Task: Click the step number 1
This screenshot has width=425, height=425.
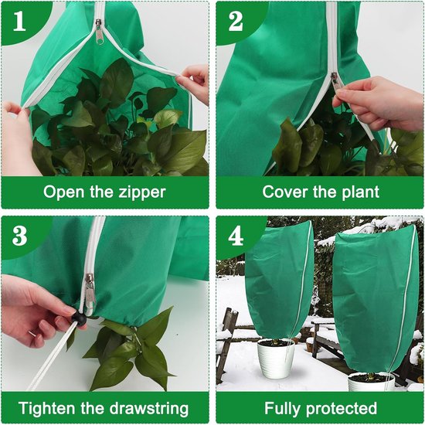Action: coord(19,21)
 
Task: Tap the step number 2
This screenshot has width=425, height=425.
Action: coord(236,21)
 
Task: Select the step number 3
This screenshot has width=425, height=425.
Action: coord(20,236)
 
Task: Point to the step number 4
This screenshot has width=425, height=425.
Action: coord(236,236)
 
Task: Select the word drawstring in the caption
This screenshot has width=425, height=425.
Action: coord(150,408)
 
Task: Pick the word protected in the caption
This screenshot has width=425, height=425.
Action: coord(342,408)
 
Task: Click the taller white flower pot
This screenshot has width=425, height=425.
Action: coord(276,358)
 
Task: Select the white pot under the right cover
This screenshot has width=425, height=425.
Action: coord(371,382)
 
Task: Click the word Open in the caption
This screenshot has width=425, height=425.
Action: coord(63,192)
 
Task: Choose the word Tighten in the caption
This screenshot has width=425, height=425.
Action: coord(47,408)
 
